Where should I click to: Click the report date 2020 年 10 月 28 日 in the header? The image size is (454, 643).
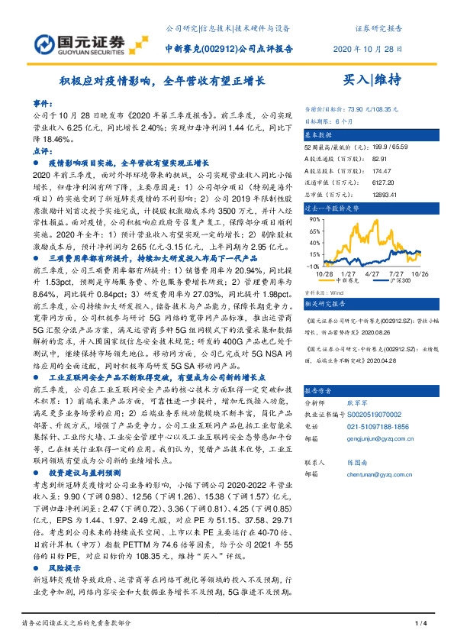click(x=369, y=48)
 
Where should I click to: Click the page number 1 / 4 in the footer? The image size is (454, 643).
click(x=418, y=625)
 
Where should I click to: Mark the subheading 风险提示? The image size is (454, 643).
click(x=65, y=570)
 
